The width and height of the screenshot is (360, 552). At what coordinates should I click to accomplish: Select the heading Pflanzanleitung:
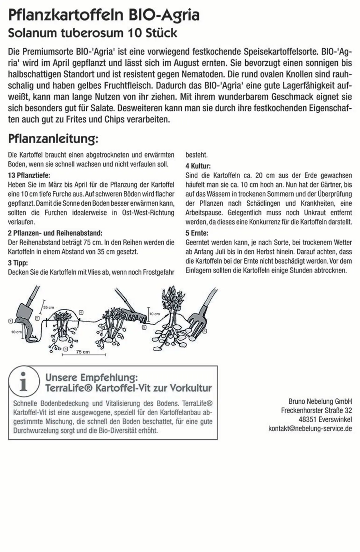click(x=53, y=139)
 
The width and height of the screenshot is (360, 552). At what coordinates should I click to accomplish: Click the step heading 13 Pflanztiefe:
click(x=29, y=175)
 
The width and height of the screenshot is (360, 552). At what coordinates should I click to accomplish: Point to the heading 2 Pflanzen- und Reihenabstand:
click(x=55, y=233)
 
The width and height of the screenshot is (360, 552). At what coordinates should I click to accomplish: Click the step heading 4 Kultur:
click(x=198, y=166)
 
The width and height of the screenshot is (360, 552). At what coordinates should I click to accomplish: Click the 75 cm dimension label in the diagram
click(x=83, y=352)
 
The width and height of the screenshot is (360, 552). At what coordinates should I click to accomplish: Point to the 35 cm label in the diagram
click(x=49, y=307)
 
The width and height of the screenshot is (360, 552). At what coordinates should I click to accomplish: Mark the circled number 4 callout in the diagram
click(x=81, y=312)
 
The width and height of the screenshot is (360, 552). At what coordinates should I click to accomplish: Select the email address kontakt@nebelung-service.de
click(x=310, y=428)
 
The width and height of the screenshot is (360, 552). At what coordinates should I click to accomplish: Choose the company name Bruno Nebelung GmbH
click(x=320, y=401)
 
